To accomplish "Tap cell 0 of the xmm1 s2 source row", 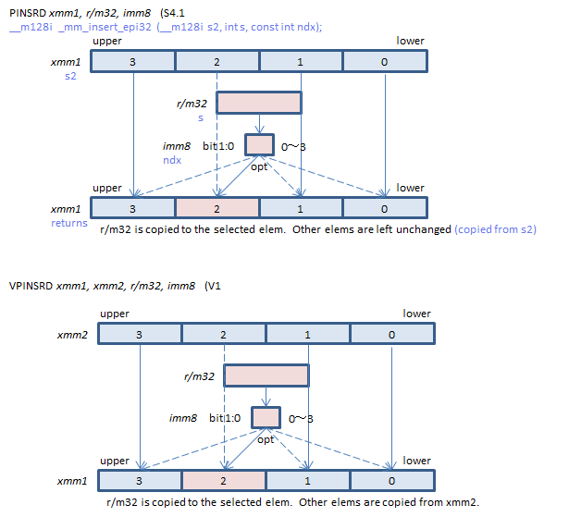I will (384, 61).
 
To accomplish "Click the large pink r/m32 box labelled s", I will (259, 103).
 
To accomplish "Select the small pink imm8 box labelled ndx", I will (260, 144).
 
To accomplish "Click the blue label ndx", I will (172, 159).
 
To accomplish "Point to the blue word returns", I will (69, 223).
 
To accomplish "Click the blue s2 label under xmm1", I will (70, 76).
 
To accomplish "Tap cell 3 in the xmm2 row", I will (139, 334).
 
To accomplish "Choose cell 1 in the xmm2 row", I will (307, 334).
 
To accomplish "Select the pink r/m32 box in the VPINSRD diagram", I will (266, 375).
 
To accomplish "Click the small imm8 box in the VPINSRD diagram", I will (266, 417).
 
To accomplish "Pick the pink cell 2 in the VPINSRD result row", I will (223, 481).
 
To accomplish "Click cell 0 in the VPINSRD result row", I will (391, 481).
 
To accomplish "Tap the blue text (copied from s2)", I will (495, 228).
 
